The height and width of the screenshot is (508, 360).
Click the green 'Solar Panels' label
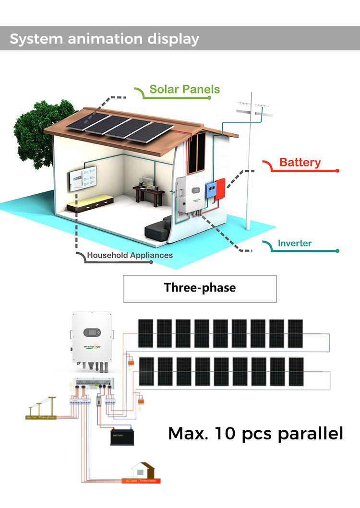pos(184,89)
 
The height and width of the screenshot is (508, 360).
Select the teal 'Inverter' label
pos(294,243)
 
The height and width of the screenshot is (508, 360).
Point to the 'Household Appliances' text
pos(130,255)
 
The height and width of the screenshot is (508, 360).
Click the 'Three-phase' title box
pos(200,288)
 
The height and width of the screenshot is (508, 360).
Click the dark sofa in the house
pos(158,229)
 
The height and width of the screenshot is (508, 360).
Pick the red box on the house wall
pos(220,189)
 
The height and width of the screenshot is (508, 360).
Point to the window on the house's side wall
pos(197,152)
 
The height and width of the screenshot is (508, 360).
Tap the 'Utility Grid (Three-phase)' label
pos(39,417)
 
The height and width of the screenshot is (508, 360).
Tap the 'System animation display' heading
pos(104,39)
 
